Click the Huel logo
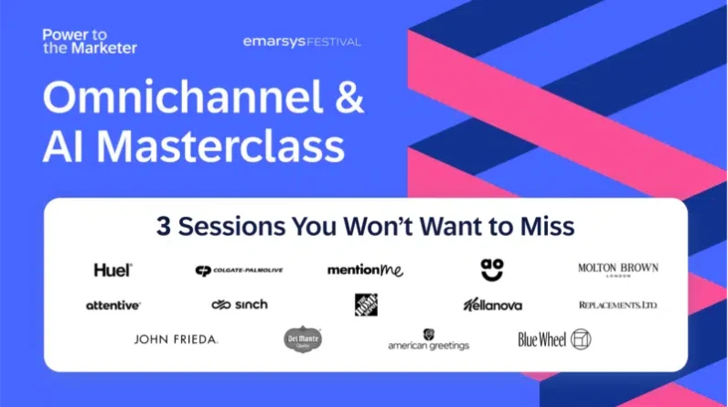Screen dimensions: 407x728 [x=113, y=270]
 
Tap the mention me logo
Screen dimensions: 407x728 [x=365, y=270]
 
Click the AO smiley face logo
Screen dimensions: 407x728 [x=492, y=268]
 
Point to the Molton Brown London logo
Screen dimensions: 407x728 [x=617, y=270]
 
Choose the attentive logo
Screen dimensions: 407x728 [x=113, y=305]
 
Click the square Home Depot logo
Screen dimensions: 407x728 [x=366, y=305]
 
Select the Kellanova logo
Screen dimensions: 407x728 [x=493, y=305]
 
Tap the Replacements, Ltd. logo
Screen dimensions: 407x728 [x=617, y=305]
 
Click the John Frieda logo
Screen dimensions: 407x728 [x=176, y=339]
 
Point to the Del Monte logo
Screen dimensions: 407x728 [x=302, y=339]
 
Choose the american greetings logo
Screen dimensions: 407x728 [x=428, y=340]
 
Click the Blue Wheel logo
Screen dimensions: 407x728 [x=554, y=339]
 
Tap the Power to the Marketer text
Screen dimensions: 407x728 [x=89, y=41]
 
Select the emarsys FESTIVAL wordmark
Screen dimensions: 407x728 [x=302, y=41]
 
